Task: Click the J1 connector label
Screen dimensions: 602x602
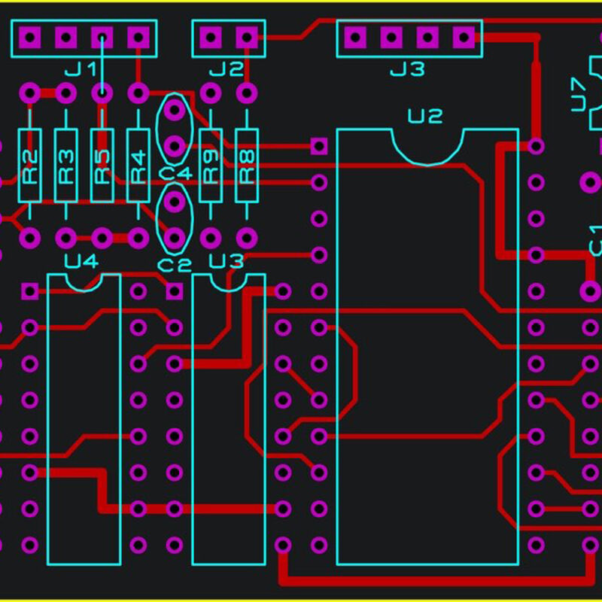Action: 81,70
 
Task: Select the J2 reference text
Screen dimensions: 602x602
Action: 227,70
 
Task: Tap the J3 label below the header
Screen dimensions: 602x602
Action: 407,70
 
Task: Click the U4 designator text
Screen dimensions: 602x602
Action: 81,262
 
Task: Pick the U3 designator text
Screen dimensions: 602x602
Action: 227,262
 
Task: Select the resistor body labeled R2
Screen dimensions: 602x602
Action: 29,166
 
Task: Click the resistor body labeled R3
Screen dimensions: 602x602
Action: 65,166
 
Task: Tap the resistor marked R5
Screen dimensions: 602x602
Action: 102,166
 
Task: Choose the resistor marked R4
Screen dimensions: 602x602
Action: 138,166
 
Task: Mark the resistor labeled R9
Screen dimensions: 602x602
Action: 211,166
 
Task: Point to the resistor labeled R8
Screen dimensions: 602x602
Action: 247,166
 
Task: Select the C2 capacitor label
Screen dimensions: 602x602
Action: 175,265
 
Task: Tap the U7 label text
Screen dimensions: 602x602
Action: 579,94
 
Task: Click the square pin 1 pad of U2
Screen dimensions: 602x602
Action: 319,146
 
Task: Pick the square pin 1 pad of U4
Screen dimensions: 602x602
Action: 29,290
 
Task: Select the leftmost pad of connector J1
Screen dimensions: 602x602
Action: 29,36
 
